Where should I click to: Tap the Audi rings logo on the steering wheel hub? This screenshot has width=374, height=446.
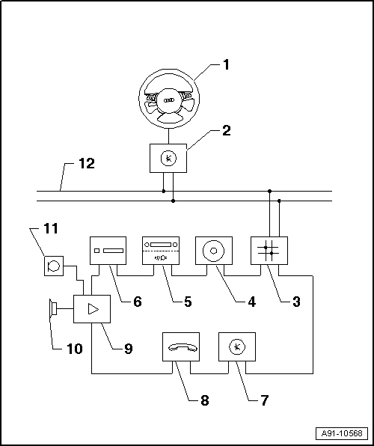pos(169,100)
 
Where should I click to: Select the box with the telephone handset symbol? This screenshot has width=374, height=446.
pos(181,346)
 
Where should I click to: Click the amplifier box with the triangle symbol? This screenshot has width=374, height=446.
pos(92,309)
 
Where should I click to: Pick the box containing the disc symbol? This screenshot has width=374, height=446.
pos(214,251)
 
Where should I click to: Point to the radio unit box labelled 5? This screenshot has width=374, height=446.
pos(161,251)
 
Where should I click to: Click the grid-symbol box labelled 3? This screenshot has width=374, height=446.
pos(269,251)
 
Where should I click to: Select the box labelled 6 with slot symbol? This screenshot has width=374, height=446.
pos(108,251)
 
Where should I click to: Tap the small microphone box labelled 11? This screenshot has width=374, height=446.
pos(54,266)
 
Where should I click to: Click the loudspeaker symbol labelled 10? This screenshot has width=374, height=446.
pos(53,308)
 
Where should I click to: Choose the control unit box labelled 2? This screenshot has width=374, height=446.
pos(168,158)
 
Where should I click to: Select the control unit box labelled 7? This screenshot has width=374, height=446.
pos(237,346)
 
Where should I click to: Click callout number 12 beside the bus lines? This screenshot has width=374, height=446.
pos(87,164)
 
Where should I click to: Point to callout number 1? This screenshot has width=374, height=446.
pos(226,65)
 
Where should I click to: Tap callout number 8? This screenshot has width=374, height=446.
pos(204,400)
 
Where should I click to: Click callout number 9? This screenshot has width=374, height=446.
pos(129,348)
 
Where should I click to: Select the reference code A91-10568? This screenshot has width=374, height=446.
pos(342,433)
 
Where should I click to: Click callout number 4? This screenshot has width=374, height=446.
pos(252,302)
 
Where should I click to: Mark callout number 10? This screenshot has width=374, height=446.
pos(75,349)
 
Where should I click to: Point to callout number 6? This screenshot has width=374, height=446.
pos(138,302)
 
